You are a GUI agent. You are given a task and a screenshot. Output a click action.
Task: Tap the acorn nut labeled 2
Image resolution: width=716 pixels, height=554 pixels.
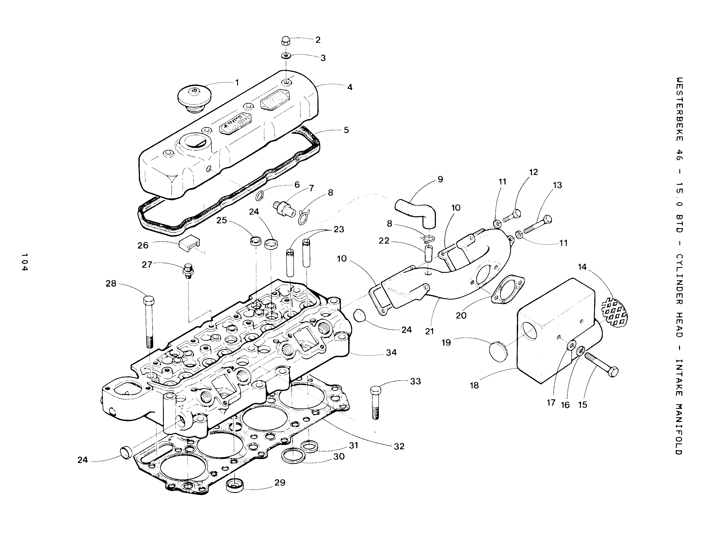pyautogui.click(x=286, y=41)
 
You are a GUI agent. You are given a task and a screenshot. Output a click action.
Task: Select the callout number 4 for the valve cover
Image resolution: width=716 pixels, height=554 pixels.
pyautogui.click(x=350, y=87)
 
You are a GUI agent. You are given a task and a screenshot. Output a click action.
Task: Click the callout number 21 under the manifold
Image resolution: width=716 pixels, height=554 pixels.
pyautogui.click(x=429, y=332)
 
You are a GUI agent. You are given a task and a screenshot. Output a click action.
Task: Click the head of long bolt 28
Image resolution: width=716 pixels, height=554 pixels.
pyautogui.click(x=148, y=300)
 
